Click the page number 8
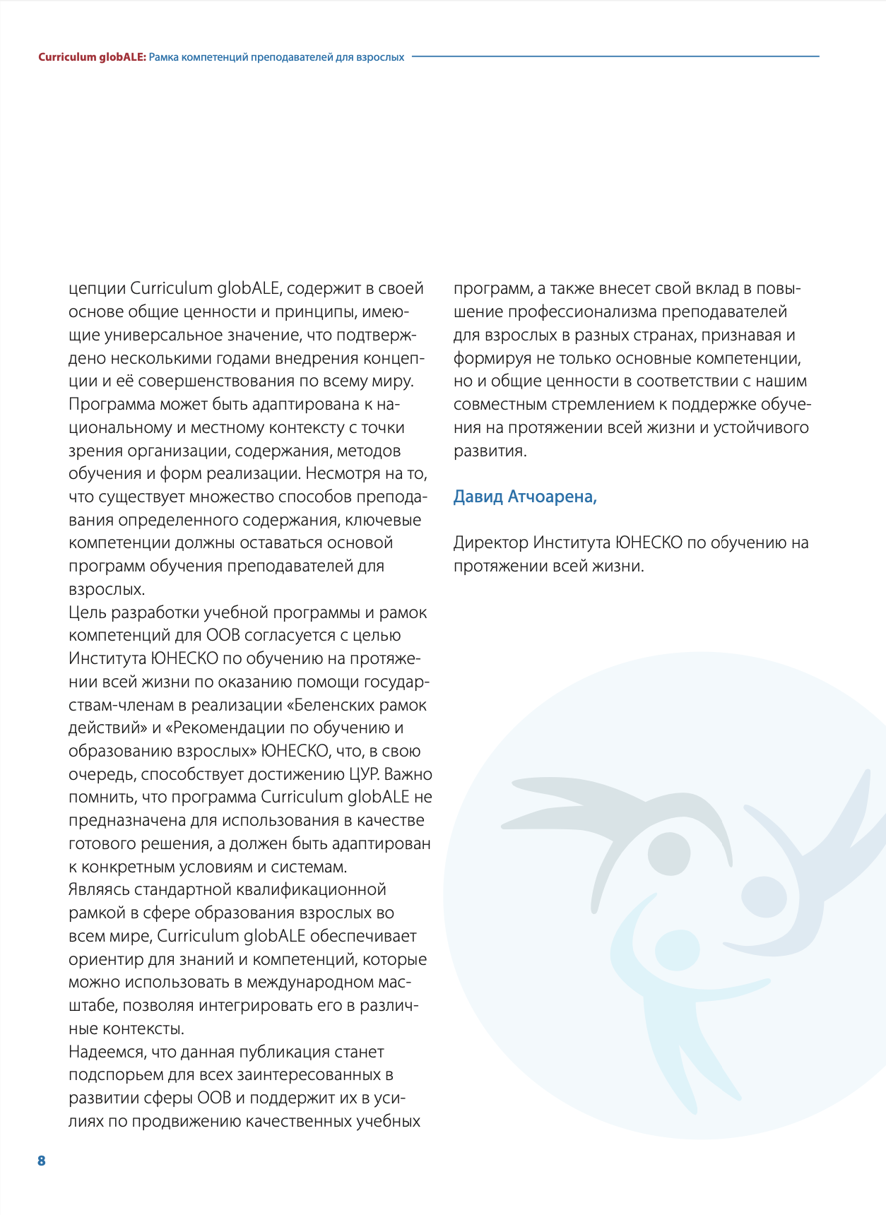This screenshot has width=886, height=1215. pos(41,1161)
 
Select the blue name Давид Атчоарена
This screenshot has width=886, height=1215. pos(525,497)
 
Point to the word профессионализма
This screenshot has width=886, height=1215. pos(581,312)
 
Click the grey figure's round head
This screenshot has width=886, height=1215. pos(668,853)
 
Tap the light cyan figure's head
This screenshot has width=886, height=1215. pos(677,950)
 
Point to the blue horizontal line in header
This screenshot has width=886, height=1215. pos(615,57)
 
